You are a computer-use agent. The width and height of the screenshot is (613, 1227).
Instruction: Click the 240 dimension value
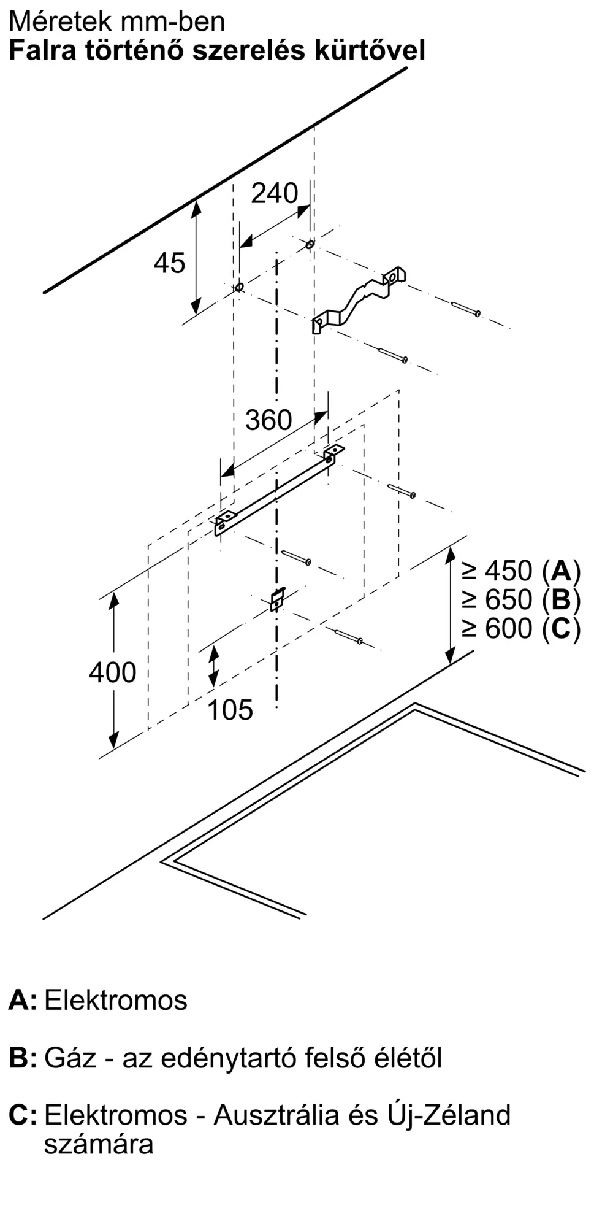pos(275,193)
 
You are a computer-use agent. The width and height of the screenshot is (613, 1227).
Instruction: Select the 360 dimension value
pos(268,420)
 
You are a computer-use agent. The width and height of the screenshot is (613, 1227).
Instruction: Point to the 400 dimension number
pos(112,672)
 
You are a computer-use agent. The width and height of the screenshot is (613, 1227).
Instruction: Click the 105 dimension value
pos(230,710)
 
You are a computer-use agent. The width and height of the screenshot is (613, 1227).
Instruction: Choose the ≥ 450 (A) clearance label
pos(521,571)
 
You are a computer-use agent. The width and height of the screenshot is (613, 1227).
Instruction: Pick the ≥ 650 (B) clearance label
pos(521,599)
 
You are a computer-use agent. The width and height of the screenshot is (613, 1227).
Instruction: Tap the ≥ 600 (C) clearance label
pos(521,628)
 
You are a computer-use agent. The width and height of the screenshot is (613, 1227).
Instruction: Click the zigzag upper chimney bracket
pos(359,299)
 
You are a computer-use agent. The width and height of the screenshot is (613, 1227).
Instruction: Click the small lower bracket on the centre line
pos(278,599)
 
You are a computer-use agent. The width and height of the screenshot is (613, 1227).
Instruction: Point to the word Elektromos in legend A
pos(115,1000)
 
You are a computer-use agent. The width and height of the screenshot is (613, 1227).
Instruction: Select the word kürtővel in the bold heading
pos(370,50)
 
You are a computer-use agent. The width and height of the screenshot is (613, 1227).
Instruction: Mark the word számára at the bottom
pos(98,1145)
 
